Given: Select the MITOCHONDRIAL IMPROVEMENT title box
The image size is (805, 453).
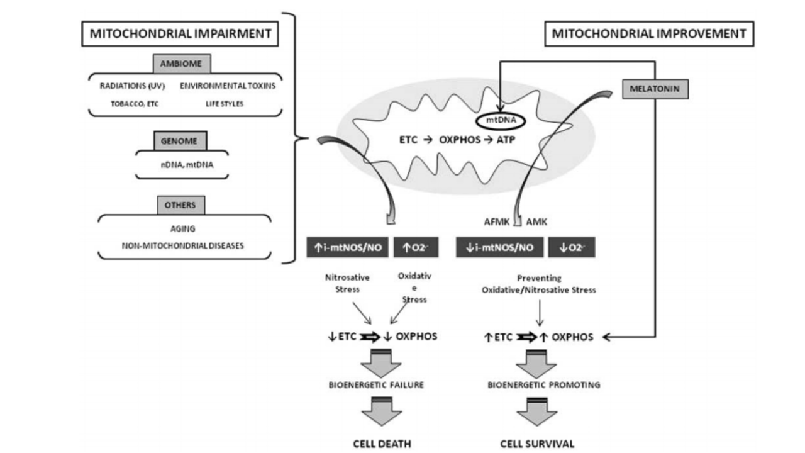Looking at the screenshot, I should point(648,33).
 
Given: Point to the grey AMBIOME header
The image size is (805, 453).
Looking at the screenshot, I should point(182,64).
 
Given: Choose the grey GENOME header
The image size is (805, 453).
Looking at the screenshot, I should point(180,142).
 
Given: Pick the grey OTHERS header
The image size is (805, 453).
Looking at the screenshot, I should point(180,205).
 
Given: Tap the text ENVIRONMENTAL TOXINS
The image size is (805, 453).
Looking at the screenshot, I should point(228,87).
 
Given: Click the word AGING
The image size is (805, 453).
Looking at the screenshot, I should point(184,230).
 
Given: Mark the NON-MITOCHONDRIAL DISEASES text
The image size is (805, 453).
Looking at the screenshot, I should point(184,246).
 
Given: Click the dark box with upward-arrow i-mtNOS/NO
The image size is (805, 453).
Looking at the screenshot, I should point(348,248).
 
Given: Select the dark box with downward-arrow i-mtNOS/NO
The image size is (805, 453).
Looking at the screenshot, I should point(499,248).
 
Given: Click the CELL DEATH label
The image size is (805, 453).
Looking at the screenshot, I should point(382,444).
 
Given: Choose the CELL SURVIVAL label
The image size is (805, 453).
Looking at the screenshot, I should point(537,444).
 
